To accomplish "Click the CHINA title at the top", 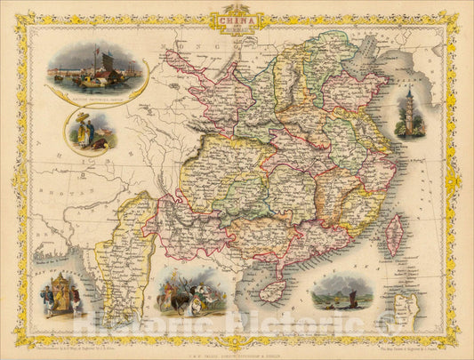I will [x=237, y=18].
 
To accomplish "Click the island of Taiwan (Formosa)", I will [x=391, y=234].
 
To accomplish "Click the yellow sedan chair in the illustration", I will [x=63, y=293].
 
